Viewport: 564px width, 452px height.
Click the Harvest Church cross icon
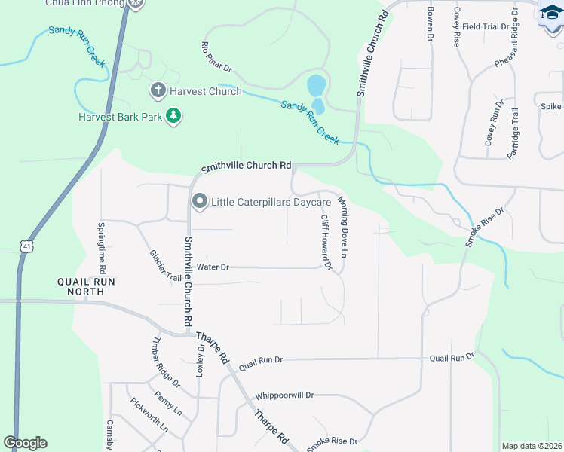point(158,92)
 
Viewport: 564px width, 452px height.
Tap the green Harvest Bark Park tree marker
point(174,117)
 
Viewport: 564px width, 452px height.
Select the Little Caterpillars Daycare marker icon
point(200,202)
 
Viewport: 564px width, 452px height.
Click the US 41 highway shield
point(26,246)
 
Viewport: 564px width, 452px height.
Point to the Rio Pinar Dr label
point(216,57)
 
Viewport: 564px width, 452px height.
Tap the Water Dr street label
point(213,267)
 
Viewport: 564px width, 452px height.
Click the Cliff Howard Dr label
point(326,242)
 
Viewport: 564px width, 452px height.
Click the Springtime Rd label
point(102,247)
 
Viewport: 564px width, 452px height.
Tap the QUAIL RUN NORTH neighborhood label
point(86,286)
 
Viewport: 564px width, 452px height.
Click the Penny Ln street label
point(167,402)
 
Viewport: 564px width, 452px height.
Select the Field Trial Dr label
point(486,26)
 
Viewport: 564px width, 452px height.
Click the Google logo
point(25,443)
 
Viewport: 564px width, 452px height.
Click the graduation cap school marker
point(550,13)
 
